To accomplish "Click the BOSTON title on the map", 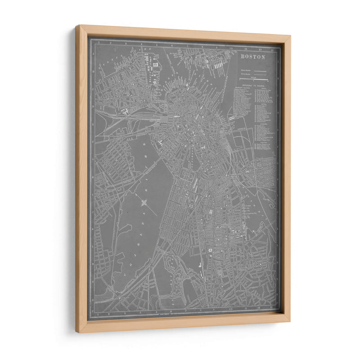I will tap(253, 57).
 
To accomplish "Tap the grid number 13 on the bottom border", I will tap(273, 309).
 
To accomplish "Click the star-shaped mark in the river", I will tap(144, 202).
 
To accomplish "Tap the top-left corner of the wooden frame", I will tap(76, 26).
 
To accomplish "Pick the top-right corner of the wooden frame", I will tap(290, 36).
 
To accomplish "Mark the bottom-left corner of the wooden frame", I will tap(76, 332).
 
